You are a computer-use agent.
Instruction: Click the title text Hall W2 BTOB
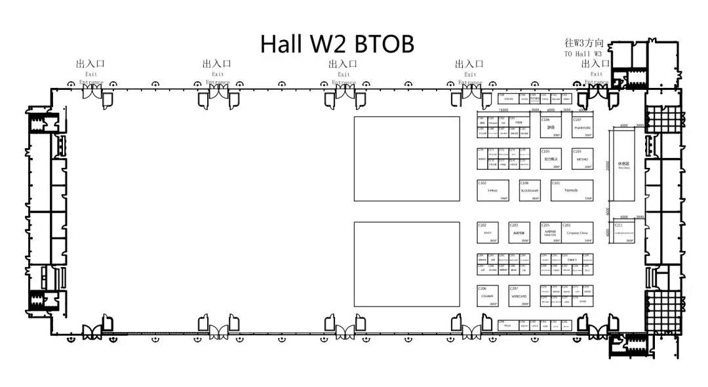pos(337,44)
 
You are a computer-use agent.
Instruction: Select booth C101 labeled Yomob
pos(572,190)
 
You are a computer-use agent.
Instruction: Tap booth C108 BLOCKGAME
pos(530,190)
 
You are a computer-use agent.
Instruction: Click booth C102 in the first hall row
pos(493,190)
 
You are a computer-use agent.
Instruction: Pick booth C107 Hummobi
pos(582,127)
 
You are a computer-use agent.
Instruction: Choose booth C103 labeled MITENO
pos(582,159)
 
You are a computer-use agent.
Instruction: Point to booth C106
pos(551,127)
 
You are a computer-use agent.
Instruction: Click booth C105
pos(551,159)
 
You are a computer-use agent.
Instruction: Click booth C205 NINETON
pos(551,233)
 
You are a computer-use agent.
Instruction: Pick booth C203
pos(519,233)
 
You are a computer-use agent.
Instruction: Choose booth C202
pos(488,233)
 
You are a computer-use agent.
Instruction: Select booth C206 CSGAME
pos(488,296)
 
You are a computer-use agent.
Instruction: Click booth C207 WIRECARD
pos(519,296)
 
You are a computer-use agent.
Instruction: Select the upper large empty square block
pos(406,159)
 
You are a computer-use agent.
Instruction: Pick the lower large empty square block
pos(406,264)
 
